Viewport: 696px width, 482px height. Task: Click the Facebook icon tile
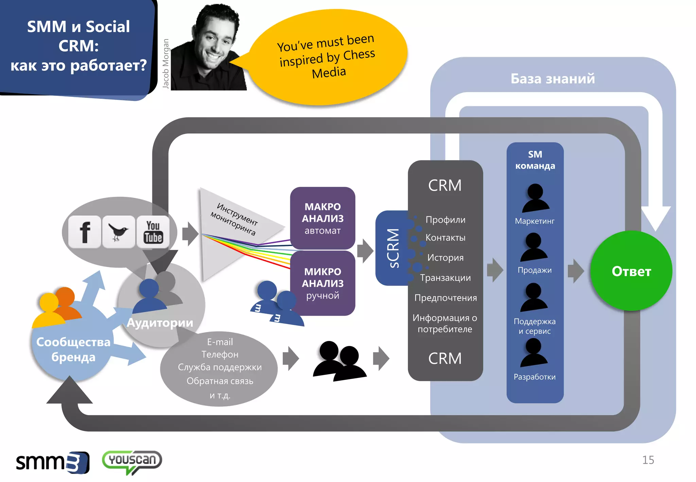[85, 232]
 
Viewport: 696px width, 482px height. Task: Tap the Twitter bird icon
[118, 232]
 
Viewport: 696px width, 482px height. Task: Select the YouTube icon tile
[153, 232]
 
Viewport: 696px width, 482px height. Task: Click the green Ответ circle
[631, 271]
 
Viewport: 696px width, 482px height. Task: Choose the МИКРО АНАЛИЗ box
[323, 283]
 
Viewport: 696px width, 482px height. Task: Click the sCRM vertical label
[393, 248]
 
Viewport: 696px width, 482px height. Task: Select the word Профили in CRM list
[445, 220]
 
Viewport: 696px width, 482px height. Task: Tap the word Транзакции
[445, 278]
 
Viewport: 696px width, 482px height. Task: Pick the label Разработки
[535, 377]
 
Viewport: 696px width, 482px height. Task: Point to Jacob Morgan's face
[214, 41]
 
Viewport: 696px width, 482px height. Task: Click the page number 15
[648, 460]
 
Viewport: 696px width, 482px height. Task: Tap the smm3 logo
[53, 462]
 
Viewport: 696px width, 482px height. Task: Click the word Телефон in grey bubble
[220, 354]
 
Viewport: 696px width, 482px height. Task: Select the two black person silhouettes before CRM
[339, 361]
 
